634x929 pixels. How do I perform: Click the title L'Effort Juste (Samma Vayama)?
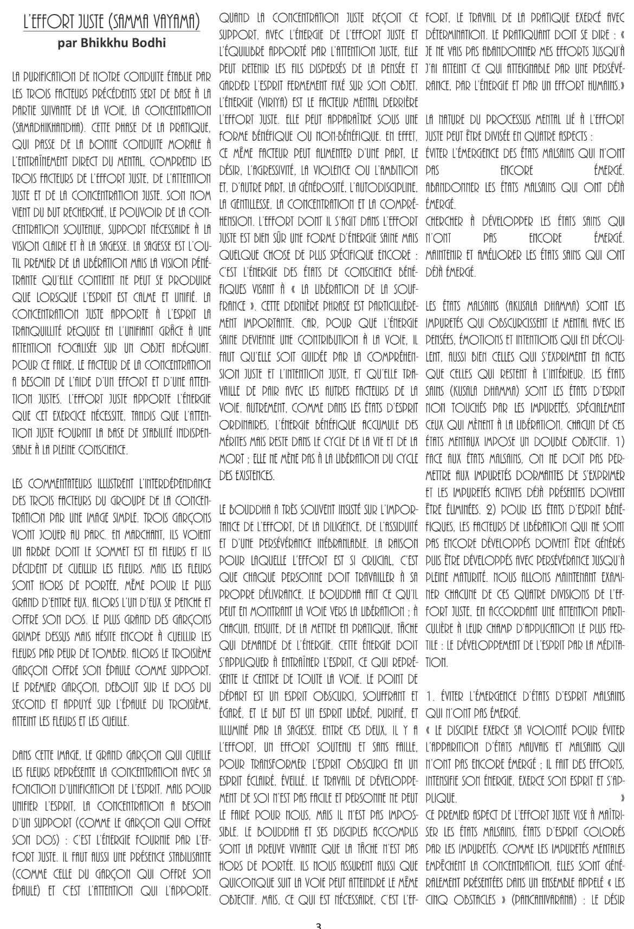(112, 23)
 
